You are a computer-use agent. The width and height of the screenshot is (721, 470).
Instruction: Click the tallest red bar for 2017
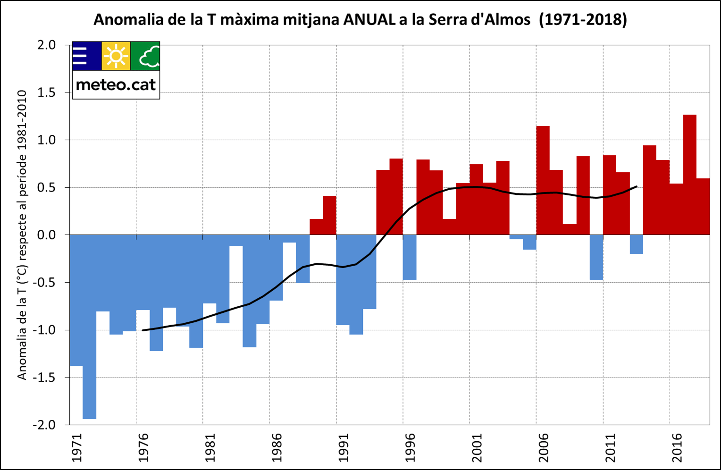tap(689, 175)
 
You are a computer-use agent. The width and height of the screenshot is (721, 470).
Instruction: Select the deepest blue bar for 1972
tap(90, 327)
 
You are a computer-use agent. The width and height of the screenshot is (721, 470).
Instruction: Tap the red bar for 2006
tap(543, 180)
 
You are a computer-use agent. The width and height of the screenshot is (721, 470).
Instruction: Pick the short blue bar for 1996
tap(410, 257)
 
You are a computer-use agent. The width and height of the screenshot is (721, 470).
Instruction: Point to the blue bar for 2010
tap(596, 257)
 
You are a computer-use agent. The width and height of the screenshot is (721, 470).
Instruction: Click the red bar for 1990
tap(329, 215)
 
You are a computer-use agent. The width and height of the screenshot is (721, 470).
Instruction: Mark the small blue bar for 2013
tap(636, 244)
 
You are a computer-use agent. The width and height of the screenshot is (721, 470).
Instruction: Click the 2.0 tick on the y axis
tap(46, 45)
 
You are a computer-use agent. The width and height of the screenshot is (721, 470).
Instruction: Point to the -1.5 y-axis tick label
tap(43, 378)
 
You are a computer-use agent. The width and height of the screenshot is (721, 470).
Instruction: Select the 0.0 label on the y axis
tap(46, 235)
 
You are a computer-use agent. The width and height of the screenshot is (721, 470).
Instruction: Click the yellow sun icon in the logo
tap(116, 56)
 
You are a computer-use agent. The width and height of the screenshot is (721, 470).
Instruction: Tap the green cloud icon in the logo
tap(145, 56)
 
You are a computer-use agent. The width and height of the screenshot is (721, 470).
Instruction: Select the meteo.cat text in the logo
tap(116, 84)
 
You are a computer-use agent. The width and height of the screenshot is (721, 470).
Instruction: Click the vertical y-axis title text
tap(22, 235)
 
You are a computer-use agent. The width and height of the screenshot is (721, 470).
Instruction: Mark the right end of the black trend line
tap(637, 186)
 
